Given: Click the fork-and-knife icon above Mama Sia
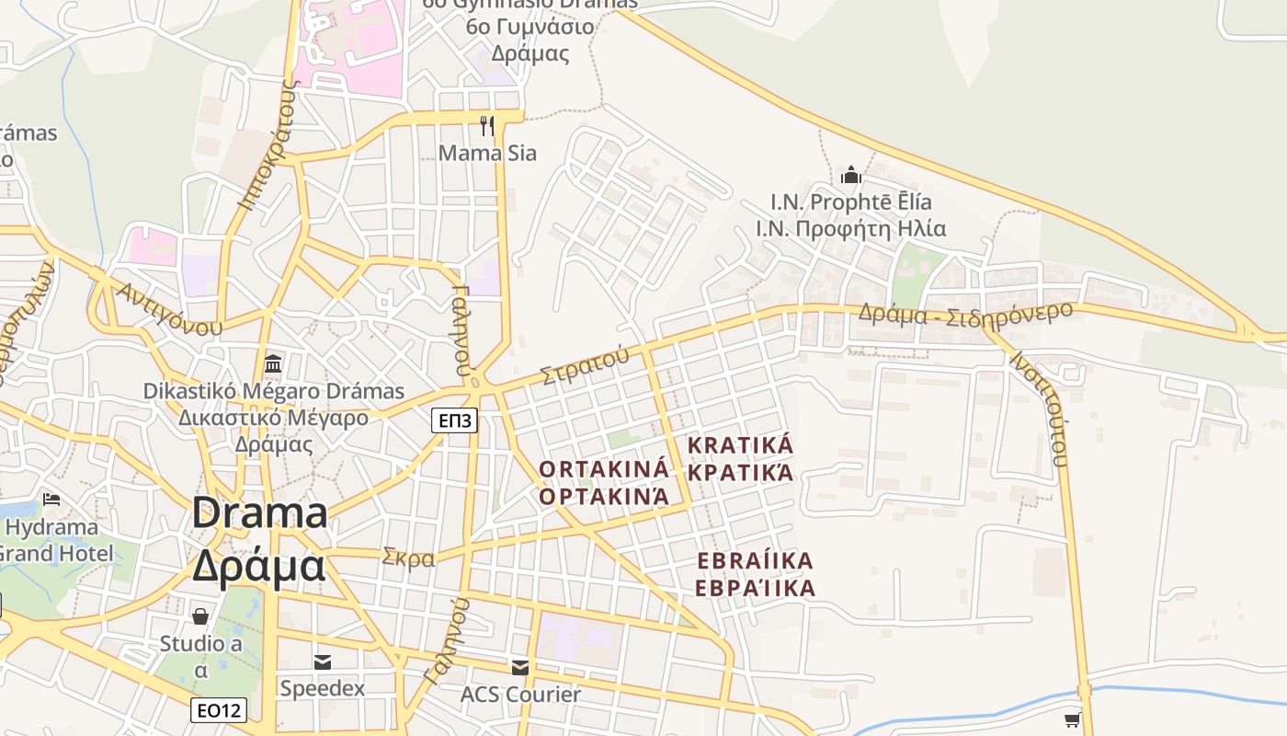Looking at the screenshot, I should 487,125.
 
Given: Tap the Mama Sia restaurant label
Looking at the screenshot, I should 487,153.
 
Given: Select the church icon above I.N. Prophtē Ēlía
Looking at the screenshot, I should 851,175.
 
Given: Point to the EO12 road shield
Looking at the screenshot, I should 219,710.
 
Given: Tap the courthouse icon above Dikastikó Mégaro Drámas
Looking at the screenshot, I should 273,364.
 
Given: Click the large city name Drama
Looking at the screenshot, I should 259,513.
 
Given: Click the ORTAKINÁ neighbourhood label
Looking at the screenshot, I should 604,469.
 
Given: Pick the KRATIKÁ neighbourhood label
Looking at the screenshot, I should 740,446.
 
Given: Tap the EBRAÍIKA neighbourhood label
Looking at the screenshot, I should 756,561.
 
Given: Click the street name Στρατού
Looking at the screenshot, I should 585,364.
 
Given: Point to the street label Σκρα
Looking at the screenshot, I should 408,558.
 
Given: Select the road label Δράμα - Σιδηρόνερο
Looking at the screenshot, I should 965,313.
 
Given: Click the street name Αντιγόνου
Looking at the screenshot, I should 169,309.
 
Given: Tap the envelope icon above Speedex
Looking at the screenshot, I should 323,661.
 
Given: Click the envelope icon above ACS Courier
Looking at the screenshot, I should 520,667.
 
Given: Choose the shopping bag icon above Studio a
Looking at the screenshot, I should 200,615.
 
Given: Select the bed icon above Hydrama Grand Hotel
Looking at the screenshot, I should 51,500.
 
